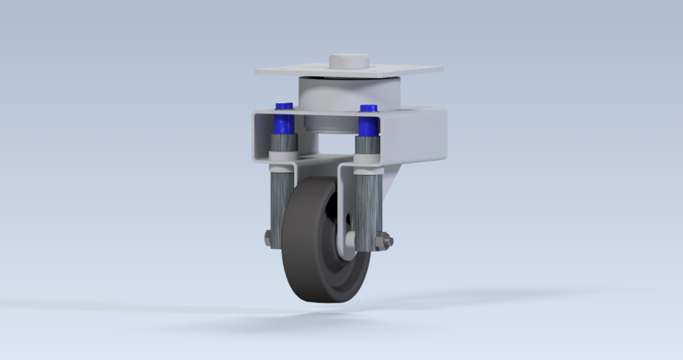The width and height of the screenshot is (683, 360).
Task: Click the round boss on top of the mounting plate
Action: click(349, 61)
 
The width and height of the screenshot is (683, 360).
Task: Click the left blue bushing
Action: click(284, 124)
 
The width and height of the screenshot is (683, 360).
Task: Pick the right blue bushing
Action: click(368, 125)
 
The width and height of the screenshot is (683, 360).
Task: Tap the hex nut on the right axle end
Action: click(386, 243)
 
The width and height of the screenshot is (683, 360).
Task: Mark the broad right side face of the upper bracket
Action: click(420, 139)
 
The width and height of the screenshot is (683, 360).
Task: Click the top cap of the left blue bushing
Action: click(284, 106)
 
